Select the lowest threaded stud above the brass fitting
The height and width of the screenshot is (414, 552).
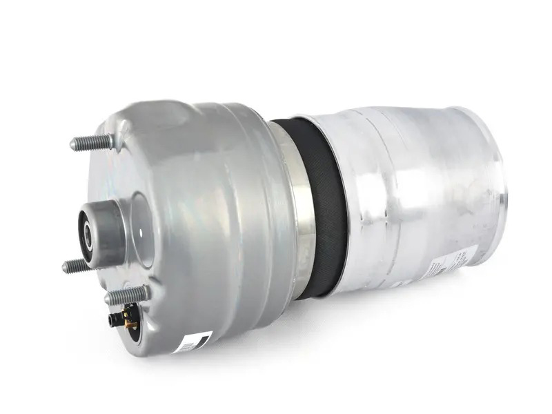pos(127,296)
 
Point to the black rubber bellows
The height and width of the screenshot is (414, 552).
pos(324,207)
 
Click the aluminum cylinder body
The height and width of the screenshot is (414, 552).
pos(407,186)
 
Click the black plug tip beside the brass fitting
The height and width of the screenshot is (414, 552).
pos(111,321)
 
